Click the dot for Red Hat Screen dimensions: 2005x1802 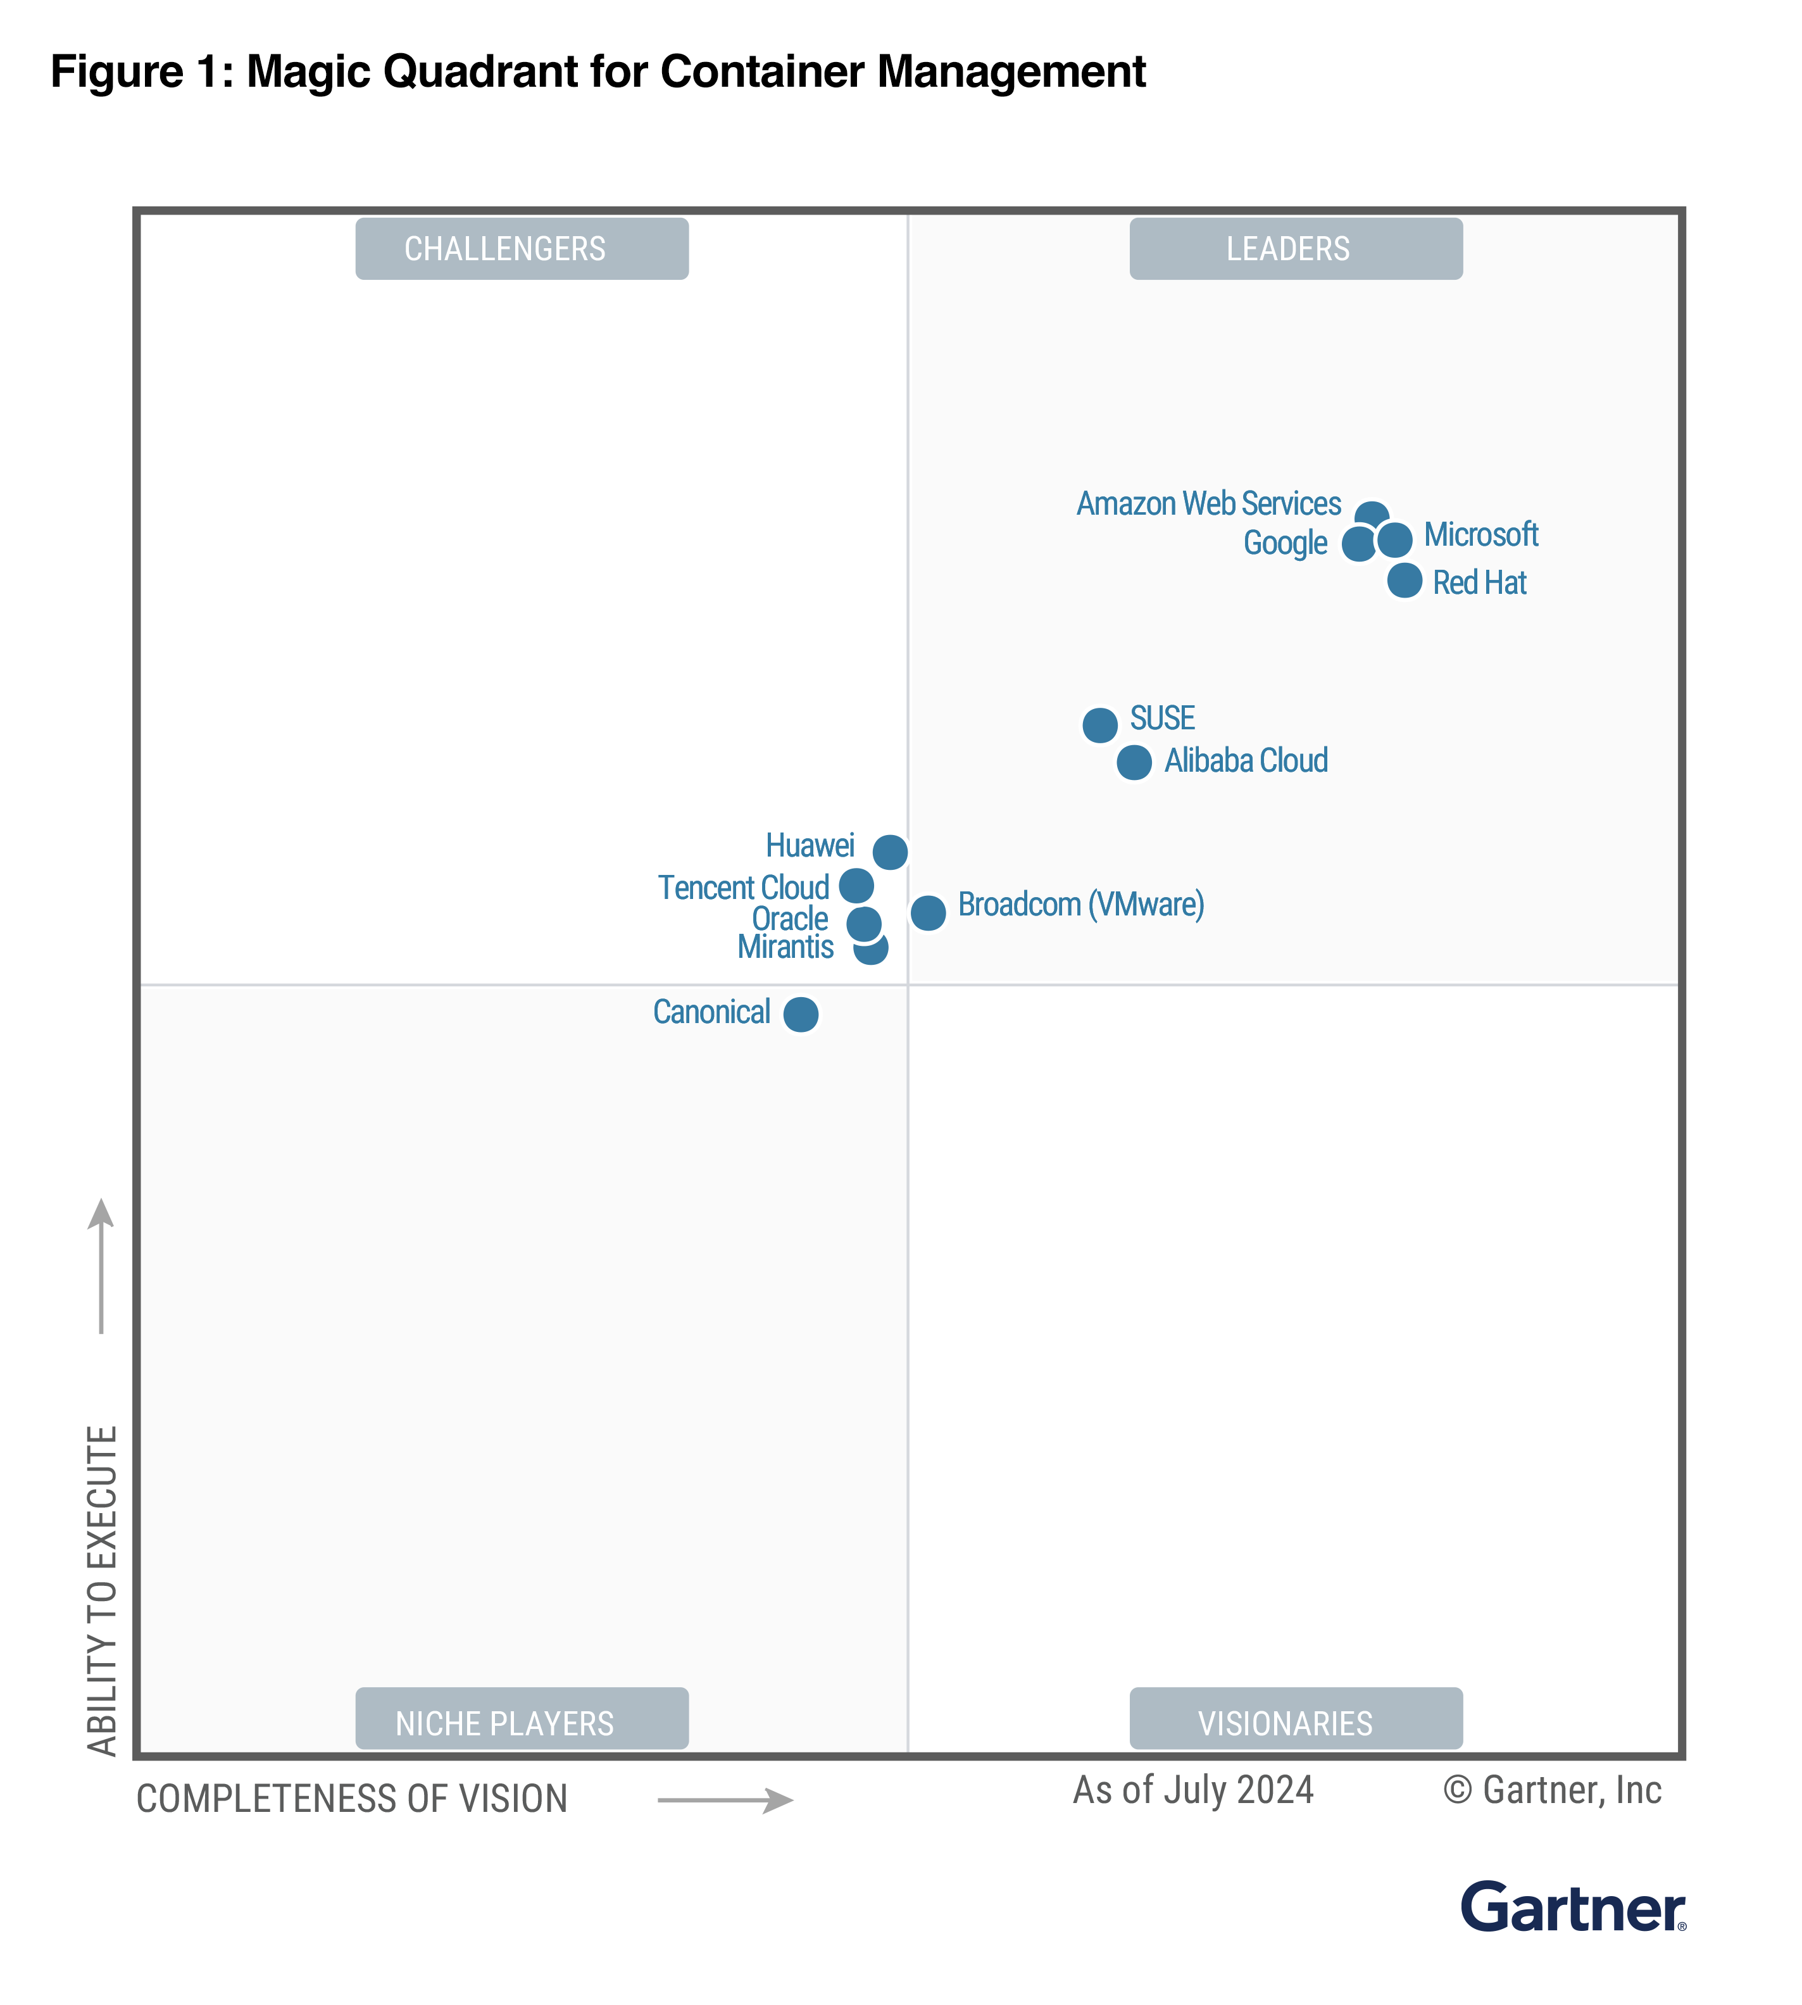1404,580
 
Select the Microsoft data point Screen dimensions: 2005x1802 1394,539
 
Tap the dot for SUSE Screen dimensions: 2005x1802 1099,725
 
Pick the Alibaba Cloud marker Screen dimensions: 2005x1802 1134,762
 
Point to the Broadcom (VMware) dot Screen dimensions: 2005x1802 928,912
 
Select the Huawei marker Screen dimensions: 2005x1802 889,852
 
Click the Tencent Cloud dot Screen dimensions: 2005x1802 856,884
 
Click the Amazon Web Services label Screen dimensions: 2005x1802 1208,504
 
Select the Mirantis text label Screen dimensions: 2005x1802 785,948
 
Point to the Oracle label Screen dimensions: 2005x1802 789,919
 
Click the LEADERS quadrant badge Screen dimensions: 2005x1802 1295,249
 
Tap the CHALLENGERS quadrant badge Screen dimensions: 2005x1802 522,249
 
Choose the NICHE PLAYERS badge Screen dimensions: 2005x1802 522,1723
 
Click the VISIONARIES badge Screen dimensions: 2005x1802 1295,1723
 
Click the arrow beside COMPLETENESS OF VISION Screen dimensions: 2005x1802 725,1800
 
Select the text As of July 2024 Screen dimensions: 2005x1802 1193,1790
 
